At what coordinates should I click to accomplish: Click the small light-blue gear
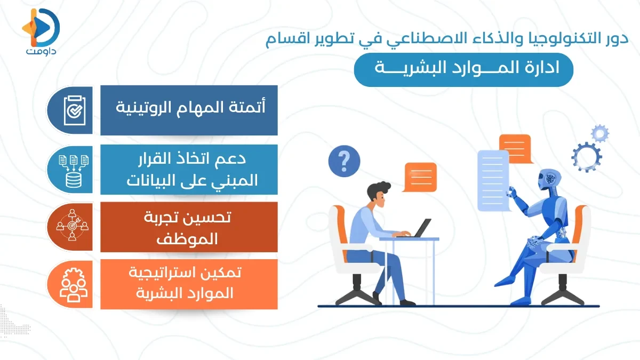(x=601, y=133)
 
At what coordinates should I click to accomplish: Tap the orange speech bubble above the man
(x=420, y=177)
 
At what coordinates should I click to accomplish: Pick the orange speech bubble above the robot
(x=515, y=146)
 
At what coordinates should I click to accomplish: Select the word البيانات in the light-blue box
(x=154, y=181)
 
